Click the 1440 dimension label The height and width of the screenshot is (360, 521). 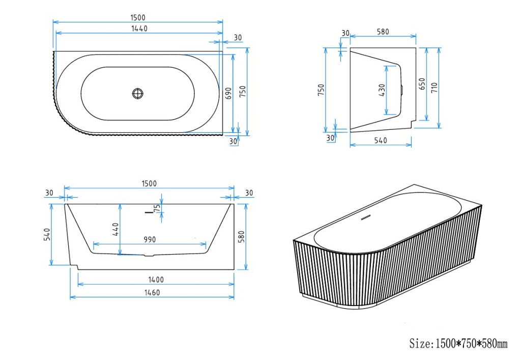139,29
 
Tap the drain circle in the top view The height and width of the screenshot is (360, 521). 137,93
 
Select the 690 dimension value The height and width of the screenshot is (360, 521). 228,93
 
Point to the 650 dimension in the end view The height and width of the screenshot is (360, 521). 422,84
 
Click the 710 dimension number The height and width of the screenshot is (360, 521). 435,87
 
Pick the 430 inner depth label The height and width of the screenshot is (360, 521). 382,90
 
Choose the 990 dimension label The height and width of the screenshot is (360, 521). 150,239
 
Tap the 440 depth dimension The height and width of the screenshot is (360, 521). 115,229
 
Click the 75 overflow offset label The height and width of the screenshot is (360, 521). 157,208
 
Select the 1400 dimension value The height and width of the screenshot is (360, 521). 156,280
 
